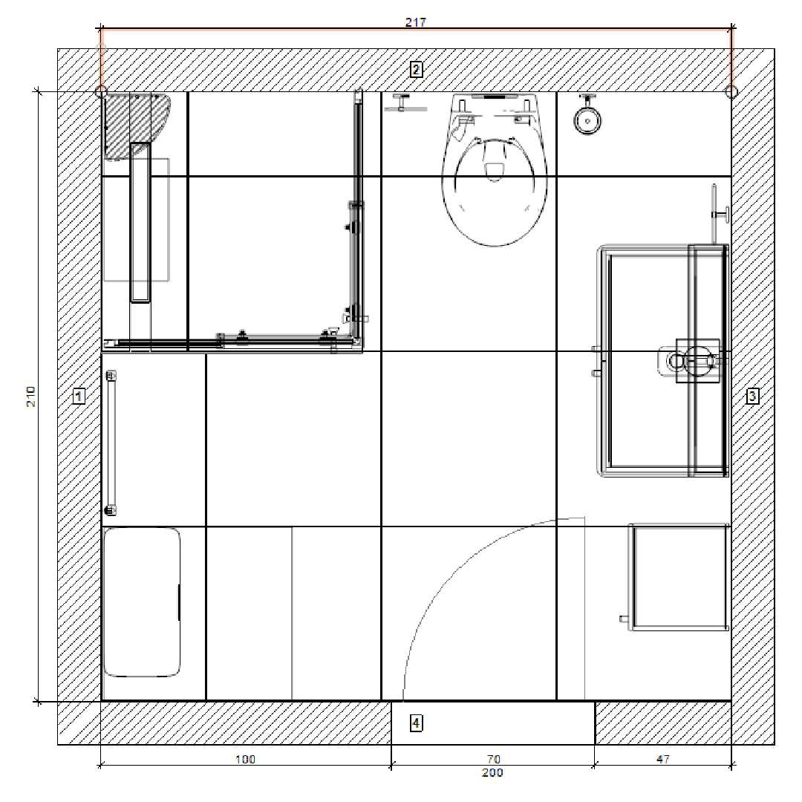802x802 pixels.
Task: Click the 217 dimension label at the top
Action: (x=415, y=22)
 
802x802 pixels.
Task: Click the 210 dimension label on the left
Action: (x=31, y=397)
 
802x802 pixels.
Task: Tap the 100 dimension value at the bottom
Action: (x=245, y=759)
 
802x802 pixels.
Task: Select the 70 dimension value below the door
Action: (x=494, y=759)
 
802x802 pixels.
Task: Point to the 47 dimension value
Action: (x=663, y=759)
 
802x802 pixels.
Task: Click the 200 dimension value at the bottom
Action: (x=492, y=772)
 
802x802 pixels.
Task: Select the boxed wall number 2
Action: (x=416, y=69)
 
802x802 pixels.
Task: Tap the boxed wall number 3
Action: (x=752, y=395)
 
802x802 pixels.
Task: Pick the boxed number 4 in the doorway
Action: (x=416, y=723)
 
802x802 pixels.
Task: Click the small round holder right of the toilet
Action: (x=587, y=118)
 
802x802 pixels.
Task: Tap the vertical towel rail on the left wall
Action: (x=111, y=443)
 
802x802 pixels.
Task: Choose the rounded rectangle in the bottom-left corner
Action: (x=142, y=602)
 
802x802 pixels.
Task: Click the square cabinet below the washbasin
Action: (x=678, y=577)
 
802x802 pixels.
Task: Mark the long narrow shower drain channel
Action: (x=140, y=223)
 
